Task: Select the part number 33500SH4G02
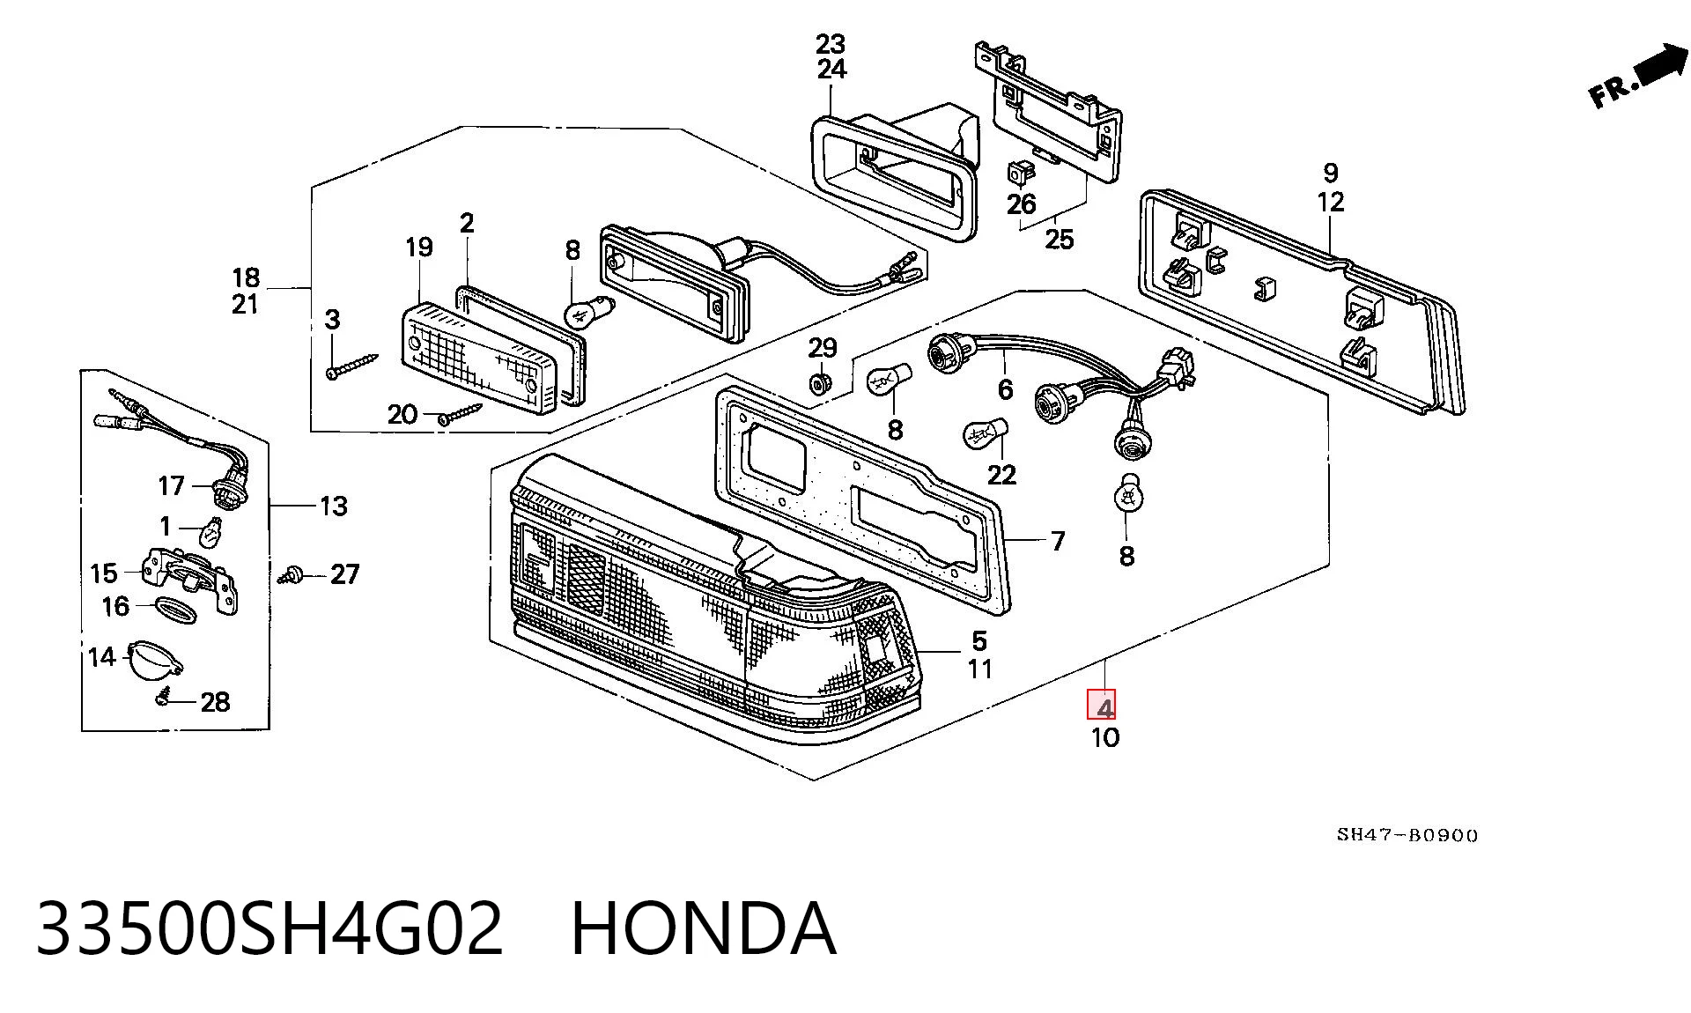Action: [x=270, y=928]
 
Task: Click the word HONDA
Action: [x=703, y=928]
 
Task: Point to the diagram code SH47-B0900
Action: [x=1407, y=835]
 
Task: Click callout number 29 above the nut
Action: [x=823, y=348]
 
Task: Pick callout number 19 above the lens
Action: [x=419, y=248]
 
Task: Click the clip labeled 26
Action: [x=1020, y=173]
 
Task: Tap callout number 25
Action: [x=1060, y=239]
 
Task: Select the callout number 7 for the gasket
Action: [x=1059, y=540]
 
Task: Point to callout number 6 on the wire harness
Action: [x=1005, y=388]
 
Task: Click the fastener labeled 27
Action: [x=292, y=575]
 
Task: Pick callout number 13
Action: [x=334, y=506]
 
